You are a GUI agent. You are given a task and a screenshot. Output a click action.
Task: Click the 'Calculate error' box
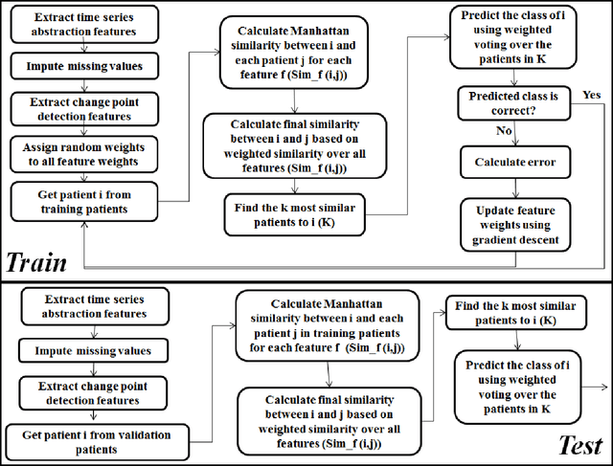pyautogui.click(x=514, y=162)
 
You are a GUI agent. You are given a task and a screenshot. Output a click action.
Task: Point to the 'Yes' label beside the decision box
pyautogui.click(x=591, y=94)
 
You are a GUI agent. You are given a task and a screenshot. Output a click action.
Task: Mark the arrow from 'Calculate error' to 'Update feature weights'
pyautogui.click(x=514, y=187)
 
